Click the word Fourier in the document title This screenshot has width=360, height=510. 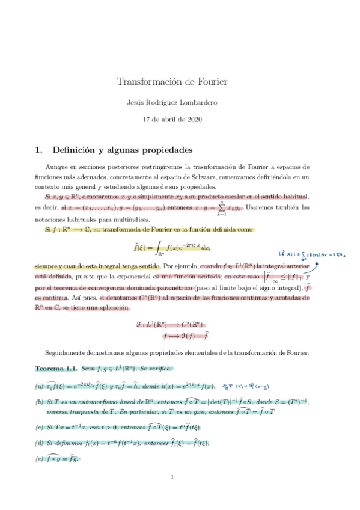click(x=210, y=81)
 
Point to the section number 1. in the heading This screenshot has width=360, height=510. click(x=40, y=148)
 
